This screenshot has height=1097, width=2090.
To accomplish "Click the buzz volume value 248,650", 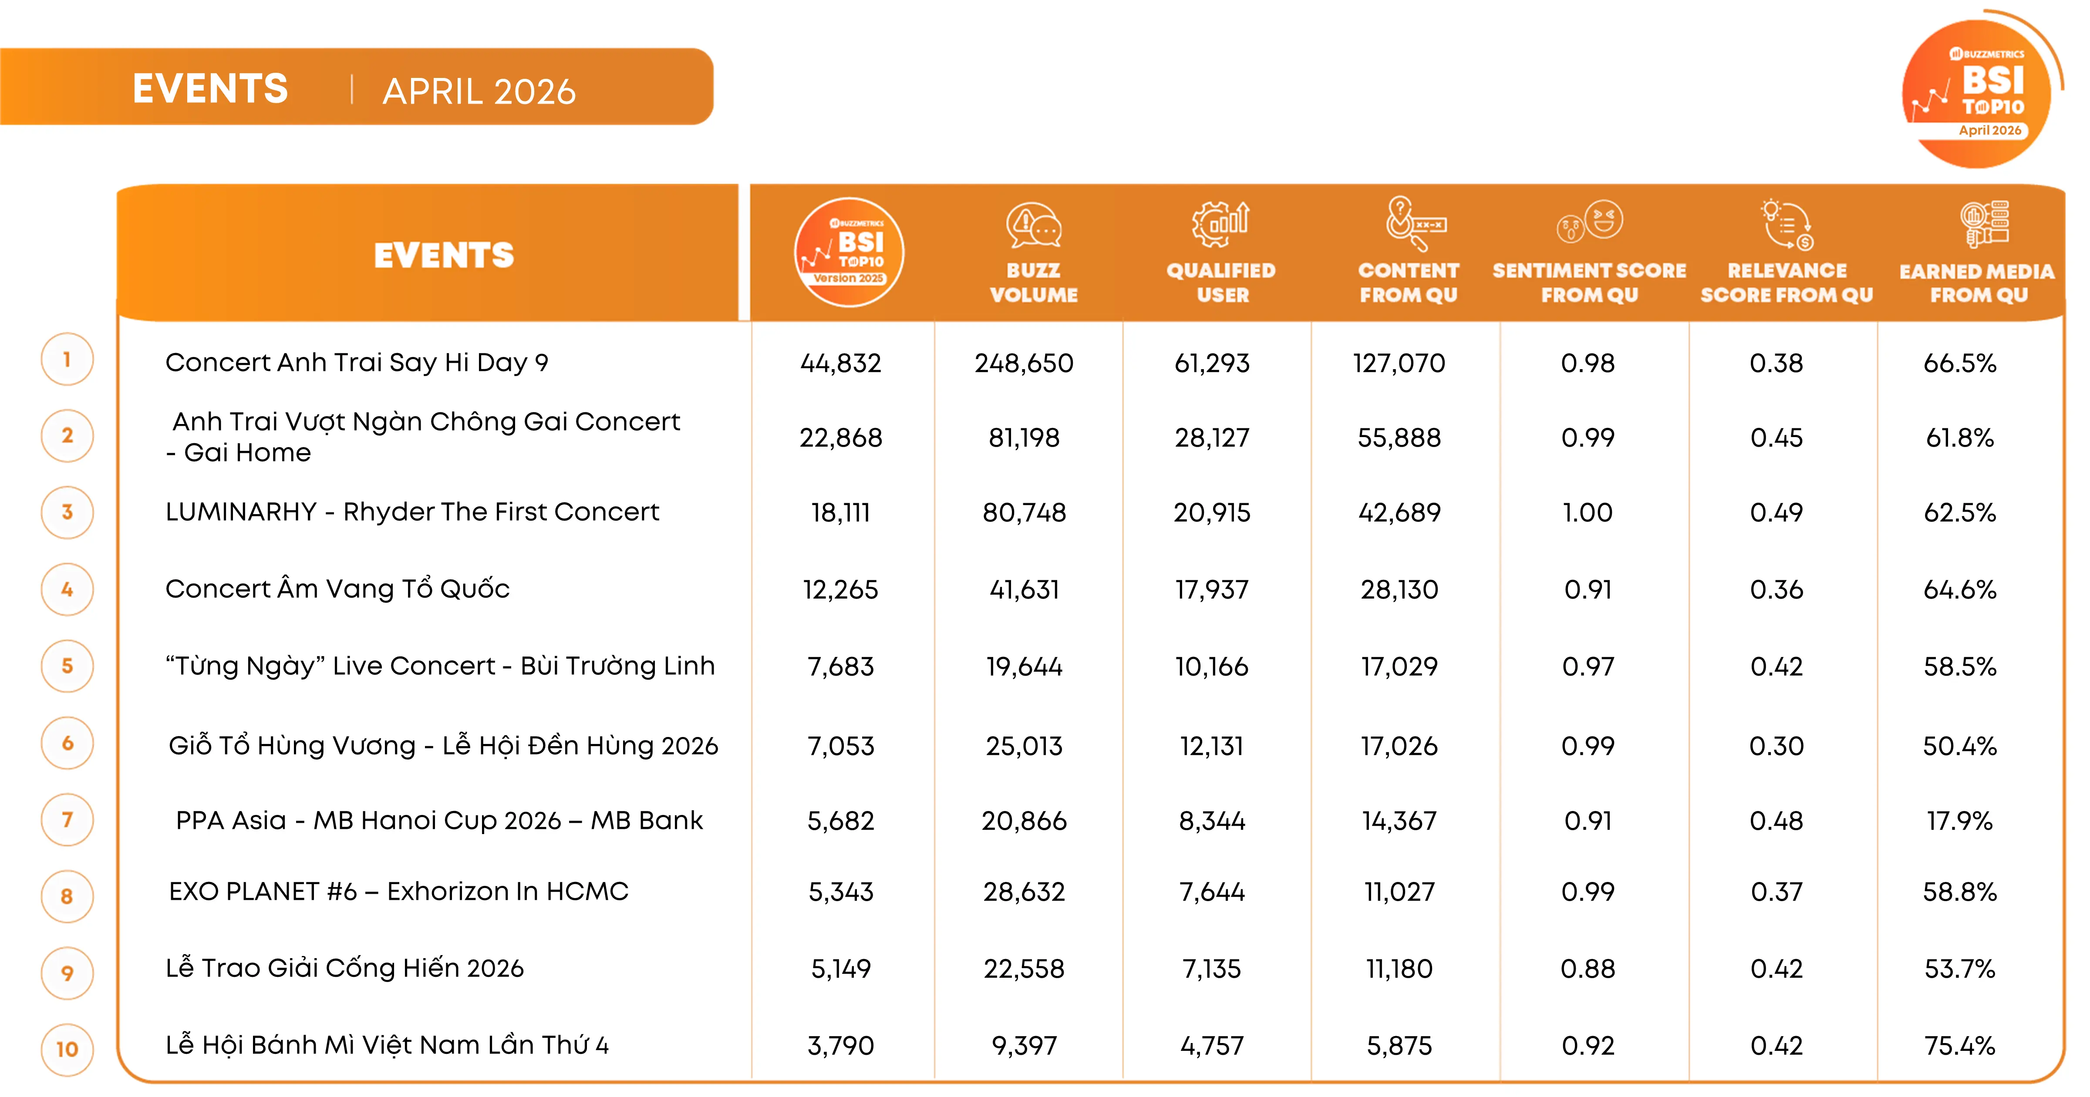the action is (x=1024, y=363).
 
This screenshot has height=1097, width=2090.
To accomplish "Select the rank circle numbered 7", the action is (x=67, y=820).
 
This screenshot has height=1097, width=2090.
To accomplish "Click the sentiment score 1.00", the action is (x=1588, y=512).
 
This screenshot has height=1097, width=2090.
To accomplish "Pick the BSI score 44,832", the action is (x=840, y=363).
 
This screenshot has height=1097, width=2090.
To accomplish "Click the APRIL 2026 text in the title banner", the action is (x=479, y=91).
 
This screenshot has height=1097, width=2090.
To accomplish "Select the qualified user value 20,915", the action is (x=1212, y=512).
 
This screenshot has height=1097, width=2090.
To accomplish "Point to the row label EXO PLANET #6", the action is (x=263, y=891).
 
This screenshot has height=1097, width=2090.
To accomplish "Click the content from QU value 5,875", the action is (x=1399, y=1045).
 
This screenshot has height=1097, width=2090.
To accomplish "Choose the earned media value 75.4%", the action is (x=1960, y=1045).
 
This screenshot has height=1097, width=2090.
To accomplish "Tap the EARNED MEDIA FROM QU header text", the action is (x=1977, y=283).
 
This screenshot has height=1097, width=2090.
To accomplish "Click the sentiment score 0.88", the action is (x=1588, y=968).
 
